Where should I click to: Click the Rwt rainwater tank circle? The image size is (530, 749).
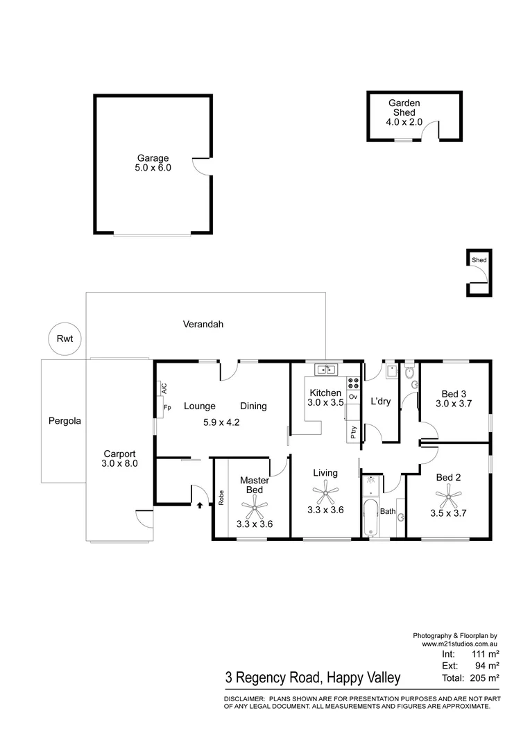point(65,339)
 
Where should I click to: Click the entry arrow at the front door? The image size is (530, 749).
point(200,505)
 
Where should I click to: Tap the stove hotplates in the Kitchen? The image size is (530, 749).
point(352,381)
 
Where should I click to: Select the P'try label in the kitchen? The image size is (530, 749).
point(353,431)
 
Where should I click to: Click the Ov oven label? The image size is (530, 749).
point(353,397)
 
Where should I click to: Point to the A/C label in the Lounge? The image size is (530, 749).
point(164,388)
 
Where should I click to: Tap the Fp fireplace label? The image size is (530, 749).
point(167,407)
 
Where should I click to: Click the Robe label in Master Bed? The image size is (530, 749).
point(221,497)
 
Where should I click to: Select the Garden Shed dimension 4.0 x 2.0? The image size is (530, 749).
point(404,122)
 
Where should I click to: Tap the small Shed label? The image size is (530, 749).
point(479,260)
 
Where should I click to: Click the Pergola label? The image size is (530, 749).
point(65,420)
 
